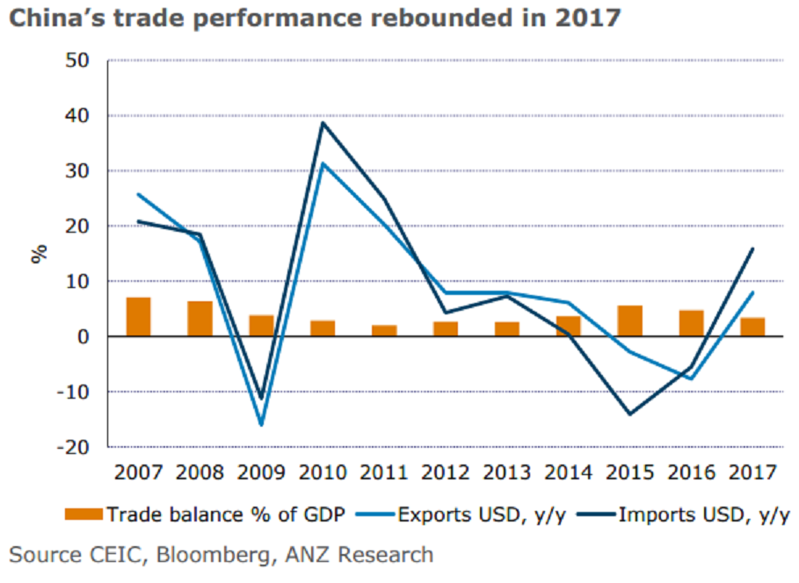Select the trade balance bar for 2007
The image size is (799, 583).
point(138,317)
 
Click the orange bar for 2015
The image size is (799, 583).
point(629,320)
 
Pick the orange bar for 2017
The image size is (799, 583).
point(752,327)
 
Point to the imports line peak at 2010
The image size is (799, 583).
point(323,122)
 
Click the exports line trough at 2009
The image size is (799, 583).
point(261,425)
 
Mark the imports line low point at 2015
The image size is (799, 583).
point(629,414)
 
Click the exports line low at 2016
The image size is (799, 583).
point(692,378)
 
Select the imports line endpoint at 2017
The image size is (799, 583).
point(753,248)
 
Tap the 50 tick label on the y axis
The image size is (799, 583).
point(77,61)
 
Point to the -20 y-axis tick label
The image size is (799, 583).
point(73,447)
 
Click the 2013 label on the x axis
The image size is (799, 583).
point(507,473)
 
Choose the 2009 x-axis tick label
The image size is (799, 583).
point(261,473)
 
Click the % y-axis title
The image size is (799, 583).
point(40,254)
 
